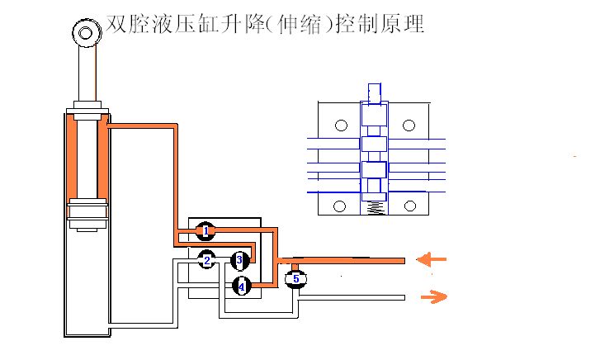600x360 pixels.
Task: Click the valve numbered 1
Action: tap(206, 230)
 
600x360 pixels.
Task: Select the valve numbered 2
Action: tap(207, 260)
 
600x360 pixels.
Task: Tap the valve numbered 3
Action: tap(239, 261)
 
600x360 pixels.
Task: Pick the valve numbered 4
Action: tap(240, 287)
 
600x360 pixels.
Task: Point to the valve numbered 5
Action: tap(295, 279)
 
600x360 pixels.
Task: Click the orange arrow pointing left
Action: tap(432, 260)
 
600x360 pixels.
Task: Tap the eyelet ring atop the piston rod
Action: tap(85, 32)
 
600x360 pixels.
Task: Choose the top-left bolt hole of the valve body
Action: tap(339, 126)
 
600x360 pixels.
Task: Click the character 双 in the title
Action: tap(116, 24)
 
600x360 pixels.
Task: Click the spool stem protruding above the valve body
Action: tap(374, 92)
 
